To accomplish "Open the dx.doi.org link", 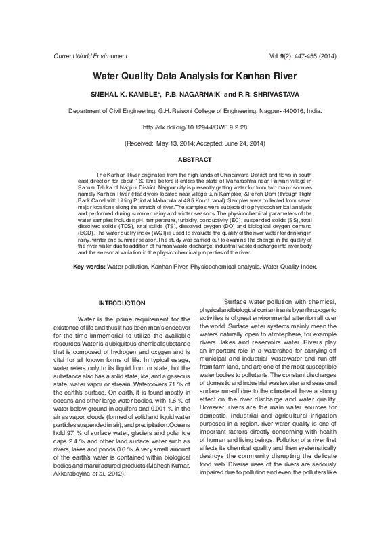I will (195, 127).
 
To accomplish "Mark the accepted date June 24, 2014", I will (240, 143).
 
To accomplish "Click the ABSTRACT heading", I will (194, 160).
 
